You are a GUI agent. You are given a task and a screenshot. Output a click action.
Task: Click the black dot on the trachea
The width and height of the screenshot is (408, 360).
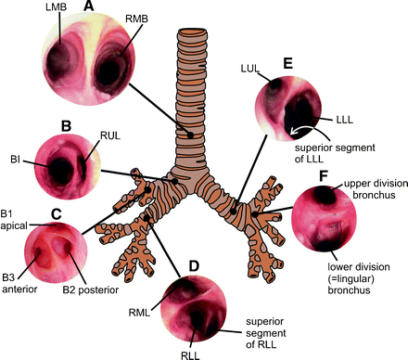tap(191, 136)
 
